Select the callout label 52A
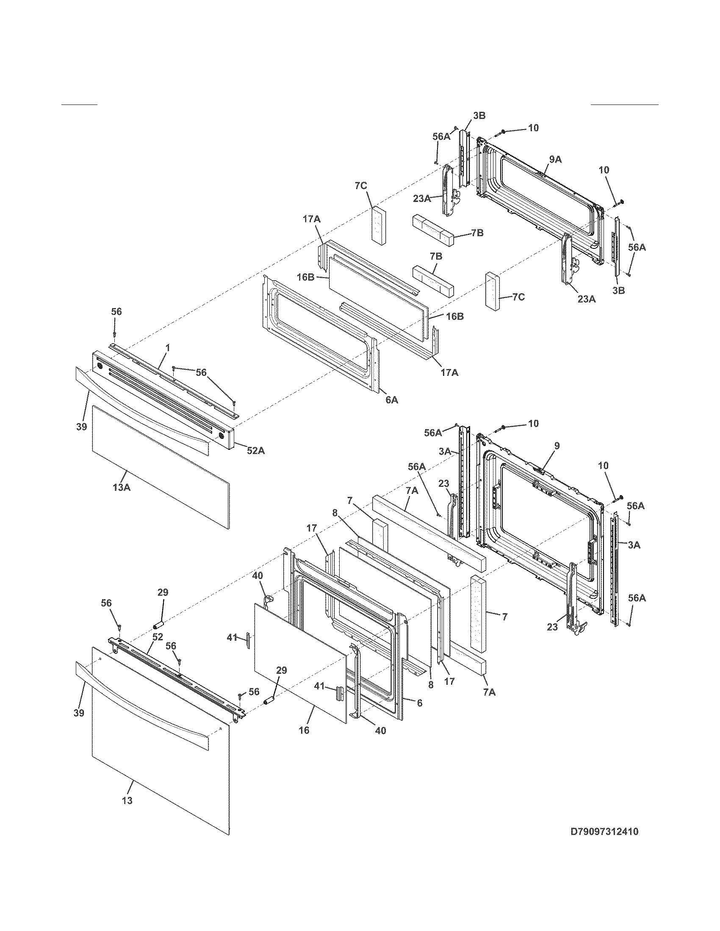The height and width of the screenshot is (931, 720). point(255,450)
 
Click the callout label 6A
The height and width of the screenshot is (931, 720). point(391,400)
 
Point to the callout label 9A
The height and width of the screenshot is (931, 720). point(555,160)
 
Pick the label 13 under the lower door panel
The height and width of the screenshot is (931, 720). point(127,801)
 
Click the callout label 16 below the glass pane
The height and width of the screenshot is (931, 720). point(303,730)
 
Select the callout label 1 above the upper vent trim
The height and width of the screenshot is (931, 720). point(168,348)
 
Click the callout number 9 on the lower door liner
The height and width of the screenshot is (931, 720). point(557,446)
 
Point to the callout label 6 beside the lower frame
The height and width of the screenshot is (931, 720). point(419,703)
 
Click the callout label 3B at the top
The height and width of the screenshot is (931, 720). point(479,116)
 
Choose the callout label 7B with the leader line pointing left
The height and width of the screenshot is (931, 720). point(477,233)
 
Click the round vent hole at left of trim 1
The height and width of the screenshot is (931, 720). point(100,366)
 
